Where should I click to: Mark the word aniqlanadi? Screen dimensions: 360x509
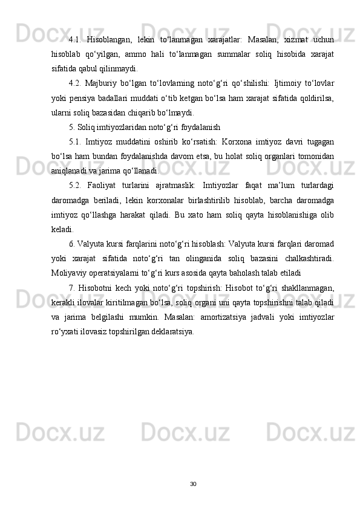point(70,170)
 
